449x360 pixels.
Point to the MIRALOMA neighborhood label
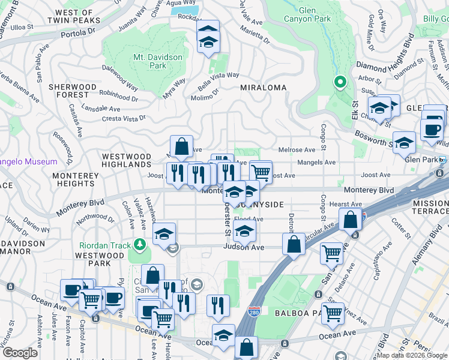(x=263, y=88)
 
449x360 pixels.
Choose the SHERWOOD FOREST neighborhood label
(x=73, y=91)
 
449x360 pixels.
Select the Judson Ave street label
(x=244, y=247)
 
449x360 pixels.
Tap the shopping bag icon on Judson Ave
(x=294, y=245)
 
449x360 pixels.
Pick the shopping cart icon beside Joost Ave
(x=261, y=172)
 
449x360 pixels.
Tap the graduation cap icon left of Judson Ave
(x=163, y=235)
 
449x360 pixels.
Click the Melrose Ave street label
(x=297, y=150)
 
